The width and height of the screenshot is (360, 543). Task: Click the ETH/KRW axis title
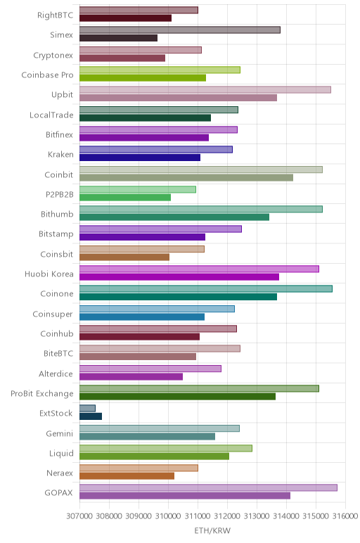click(212, 530)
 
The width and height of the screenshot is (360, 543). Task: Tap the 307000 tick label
click(79, 516)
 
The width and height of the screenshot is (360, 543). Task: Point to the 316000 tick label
click(345, 516)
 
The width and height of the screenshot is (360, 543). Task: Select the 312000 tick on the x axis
click(227, 516)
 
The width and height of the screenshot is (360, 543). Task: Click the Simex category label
click(61, 34)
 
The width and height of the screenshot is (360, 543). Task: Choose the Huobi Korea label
click(49, 274)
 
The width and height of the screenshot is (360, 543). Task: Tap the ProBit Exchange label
click(42, 393)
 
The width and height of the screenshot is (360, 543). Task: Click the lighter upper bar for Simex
click(180, 30)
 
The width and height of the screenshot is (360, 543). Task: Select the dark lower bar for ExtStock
click(91, 416)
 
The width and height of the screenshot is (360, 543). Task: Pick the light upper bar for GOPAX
click(208, 487)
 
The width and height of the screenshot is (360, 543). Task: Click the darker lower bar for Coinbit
click(186, 177)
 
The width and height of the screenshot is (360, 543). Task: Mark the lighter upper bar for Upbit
click(205, 90)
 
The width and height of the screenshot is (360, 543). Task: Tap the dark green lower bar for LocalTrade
click(145, 117)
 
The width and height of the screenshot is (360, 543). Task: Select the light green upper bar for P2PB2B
click(138, 189)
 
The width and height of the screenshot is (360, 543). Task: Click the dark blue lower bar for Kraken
click(140, 158)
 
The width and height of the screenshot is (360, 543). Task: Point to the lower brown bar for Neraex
click(127, 475)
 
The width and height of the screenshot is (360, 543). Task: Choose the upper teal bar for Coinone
click(205, 289)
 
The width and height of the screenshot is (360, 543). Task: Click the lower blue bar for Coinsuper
click(142, 317)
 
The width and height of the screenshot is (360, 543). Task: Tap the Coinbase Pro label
click(47, 75)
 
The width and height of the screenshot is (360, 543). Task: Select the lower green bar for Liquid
click(154, 456)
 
